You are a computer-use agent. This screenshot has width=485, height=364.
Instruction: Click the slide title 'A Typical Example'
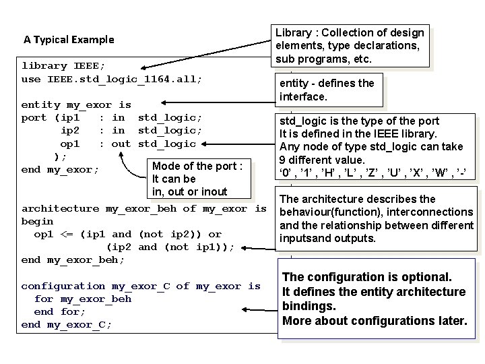point(69,40)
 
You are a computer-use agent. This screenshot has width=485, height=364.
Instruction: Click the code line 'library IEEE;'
point(63,66)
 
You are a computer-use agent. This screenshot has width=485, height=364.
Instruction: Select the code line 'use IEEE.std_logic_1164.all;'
point(112,79)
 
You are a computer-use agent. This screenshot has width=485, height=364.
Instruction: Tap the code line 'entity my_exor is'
point(76,105)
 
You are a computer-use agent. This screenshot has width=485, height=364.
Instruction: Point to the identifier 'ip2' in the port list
point(70,131)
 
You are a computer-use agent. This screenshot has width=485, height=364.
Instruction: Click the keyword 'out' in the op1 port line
point(121,144)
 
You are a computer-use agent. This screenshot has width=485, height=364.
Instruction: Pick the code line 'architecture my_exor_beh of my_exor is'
point(143,208)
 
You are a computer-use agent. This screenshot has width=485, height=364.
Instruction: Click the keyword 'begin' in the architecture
point(38,221)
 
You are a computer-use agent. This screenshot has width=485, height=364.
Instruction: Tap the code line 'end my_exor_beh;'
point(73,260)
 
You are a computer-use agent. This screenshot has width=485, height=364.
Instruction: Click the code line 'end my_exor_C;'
point(67,324)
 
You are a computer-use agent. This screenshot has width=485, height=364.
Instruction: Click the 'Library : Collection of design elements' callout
point(350,45)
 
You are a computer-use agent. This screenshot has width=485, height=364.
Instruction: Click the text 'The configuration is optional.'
point(367,277)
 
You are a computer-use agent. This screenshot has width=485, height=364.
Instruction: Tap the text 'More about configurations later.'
point(375,320)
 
